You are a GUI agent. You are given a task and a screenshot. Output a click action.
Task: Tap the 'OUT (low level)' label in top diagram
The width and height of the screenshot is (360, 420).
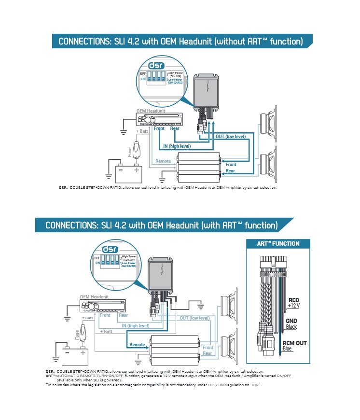[x=230, y=137]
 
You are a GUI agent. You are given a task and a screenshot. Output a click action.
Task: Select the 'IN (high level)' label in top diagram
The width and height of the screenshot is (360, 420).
[x=177, y=146]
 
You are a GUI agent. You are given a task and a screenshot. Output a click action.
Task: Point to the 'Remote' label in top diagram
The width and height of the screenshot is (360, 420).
[x=163, y=161]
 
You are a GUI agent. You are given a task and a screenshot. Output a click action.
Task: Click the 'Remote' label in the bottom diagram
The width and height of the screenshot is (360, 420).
[x=137, y=345]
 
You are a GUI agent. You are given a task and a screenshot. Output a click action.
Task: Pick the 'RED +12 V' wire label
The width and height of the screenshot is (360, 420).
[x=293, y=303]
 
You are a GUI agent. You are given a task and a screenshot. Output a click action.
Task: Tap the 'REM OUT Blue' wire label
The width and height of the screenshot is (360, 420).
[x=294, y=346]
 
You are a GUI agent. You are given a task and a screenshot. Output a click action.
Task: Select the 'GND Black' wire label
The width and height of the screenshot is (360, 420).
[x=291, y=323]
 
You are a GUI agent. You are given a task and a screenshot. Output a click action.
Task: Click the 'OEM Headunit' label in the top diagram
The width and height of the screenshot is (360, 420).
[x=151, y=111]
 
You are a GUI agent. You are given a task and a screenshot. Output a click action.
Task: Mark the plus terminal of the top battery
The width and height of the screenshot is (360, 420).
[x=137, y=169]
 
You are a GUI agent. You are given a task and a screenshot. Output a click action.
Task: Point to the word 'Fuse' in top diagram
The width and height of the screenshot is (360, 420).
[x=129, y=152]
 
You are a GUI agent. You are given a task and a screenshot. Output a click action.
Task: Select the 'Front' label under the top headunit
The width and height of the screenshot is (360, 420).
[x=159, y=128]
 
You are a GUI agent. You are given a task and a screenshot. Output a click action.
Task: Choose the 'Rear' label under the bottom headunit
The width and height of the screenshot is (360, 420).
[x=124, y=315]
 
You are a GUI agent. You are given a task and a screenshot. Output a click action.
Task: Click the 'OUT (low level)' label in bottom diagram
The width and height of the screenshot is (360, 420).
[x=194, y=318]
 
